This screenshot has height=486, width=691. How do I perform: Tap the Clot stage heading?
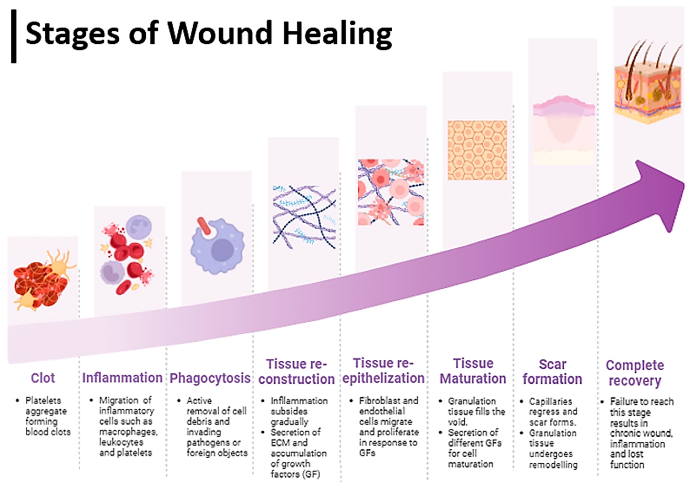(43, 378)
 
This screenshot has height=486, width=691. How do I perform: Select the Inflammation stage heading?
(122, 378)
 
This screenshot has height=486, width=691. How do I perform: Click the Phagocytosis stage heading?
(210, 378)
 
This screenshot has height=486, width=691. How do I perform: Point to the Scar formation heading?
(552, 372)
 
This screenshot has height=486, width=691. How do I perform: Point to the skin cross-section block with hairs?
(647, 87)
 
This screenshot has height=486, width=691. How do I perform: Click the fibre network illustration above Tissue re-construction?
(304, 217)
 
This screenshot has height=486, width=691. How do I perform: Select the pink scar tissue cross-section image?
(564, 129)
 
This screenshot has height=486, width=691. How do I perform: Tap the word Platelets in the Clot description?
(43, 401)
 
